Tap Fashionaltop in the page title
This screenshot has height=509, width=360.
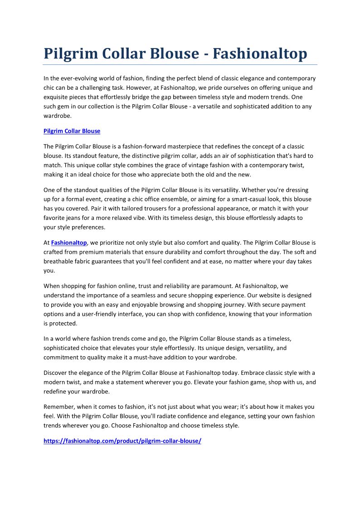click(260, 53)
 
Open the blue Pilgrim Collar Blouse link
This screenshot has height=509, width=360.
click(72, 131)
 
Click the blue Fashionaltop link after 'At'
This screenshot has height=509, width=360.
click(69, 242)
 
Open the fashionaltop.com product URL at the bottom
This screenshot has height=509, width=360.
click(122, 441)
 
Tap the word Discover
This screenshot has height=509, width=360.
click(56, 373)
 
